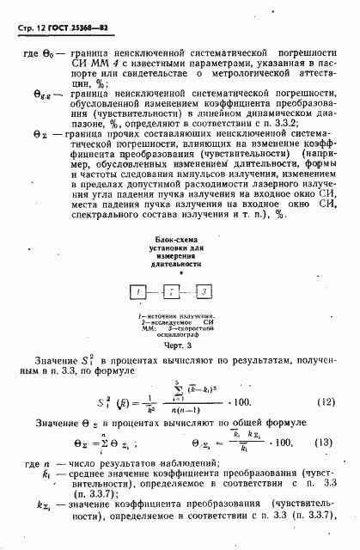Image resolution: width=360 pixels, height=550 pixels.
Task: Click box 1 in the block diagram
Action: point(137,293)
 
